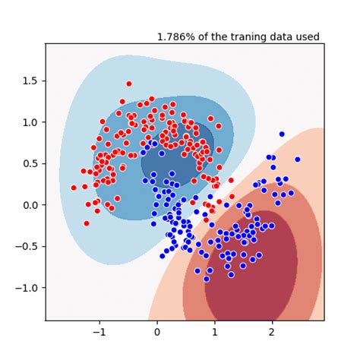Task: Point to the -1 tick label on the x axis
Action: [x=97, y=333]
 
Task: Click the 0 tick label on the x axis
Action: [x=156, y=333]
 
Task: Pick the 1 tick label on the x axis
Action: [x=215, y=333]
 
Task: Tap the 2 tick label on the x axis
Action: [x=273, y=333]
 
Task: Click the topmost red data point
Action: [x=128, y=84]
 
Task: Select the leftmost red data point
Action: [x=74, y=188]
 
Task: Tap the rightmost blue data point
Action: [x=298, y=159]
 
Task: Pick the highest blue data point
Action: [x=282, y=134]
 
